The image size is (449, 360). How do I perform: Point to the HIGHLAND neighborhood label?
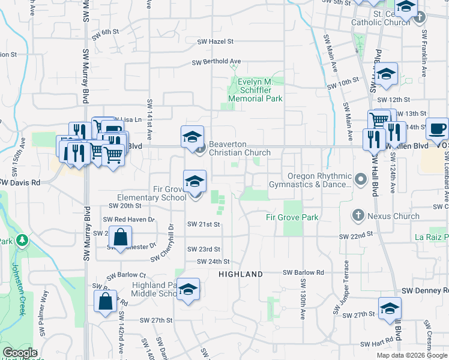pyautogui.click(x=241, y=274)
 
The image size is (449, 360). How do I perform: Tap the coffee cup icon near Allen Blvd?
pyautogui.click(x=437, y=128)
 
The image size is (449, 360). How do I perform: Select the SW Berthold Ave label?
pyautogui.click(x=216, y=62)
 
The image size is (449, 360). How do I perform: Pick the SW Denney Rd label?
pyautogui.click(x=425, y=290)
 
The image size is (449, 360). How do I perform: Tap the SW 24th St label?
pyautogui.click(x=213, y=262)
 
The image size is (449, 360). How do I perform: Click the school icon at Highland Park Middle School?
pyautogui.click(x=188, y=290)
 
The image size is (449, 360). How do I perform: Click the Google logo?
pyautogui.click(x=19, y=353)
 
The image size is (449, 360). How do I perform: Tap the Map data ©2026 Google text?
pyautogui.click(x=412, y=355)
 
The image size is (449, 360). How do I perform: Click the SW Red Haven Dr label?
pyautogui.click(x=129, y=220)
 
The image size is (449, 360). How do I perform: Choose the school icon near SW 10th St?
pyautogui.click(x=387, y=74)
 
